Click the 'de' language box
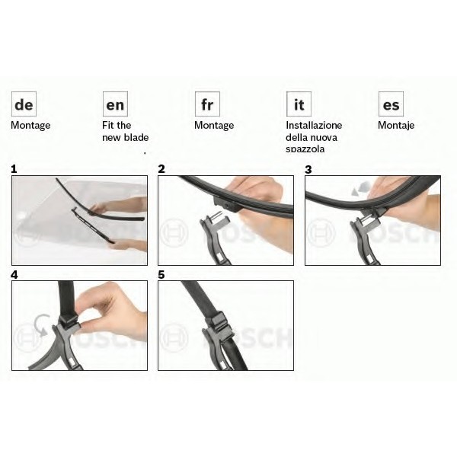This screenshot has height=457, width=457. tap(24, 104)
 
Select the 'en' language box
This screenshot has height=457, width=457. tap(115, 104)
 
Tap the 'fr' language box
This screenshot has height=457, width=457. tap(207, 104)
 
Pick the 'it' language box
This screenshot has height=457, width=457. tap(299, 104)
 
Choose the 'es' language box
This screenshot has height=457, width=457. tap(391, 104)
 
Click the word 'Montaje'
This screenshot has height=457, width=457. tap(396, 126)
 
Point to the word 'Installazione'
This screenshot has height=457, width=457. tap(314, 126)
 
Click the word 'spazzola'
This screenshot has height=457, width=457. tap(305, 149)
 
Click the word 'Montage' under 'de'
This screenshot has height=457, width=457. tap(30, 126)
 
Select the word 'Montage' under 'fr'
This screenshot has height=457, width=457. tap(214, 126)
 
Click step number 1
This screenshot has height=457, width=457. tap(14, 169)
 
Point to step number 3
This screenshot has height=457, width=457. tap(308, 169)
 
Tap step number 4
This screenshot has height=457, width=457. tap(14, 274)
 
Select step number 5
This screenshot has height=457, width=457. tap(161, 274)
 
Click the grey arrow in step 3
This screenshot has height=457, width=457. tap(361, 188)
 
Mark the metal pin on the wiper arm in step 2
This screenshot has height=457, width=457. tap(216, 216)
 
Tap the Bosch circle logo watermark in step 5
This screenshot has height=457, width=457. tap(174, 337)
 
